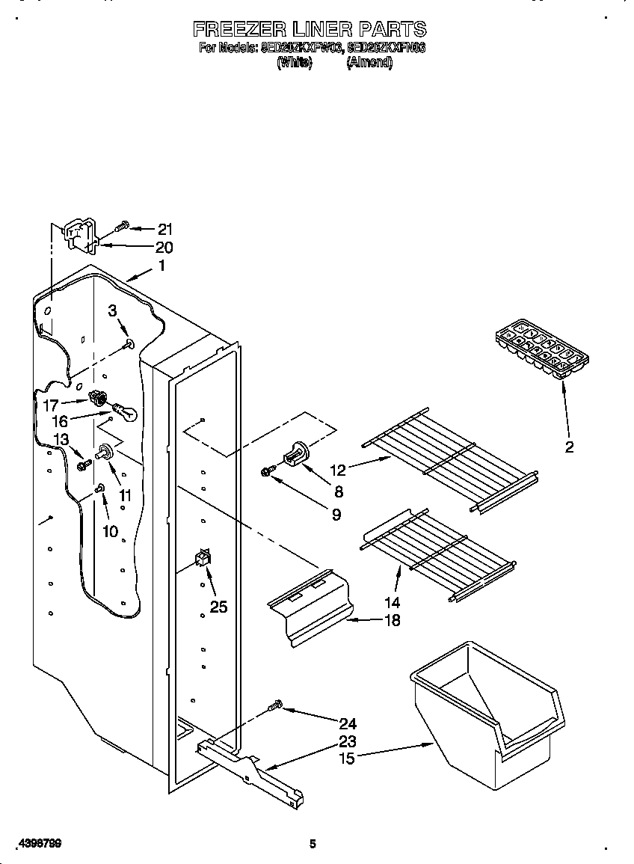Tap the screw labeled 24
tap(275, 704)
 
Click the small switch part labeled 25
tap(202, 559)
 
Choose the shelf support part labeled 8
tap(296, 454)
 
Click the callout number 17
tap(50, 405)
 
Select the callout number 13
tap(61, 439)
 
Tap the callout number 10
tap(110, 532)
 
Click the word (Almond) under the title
tap(369, 63)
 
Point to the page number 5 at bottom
tap(313, 844)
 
